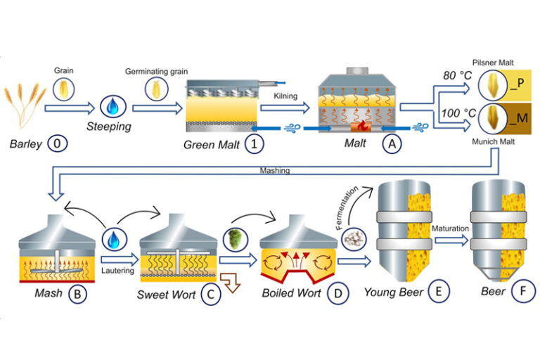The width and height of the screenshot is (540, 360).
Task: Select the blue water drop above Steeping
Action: (x=110, y=106)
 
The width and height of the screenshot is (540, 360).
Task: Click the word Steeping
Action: (x=110, y=129)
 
